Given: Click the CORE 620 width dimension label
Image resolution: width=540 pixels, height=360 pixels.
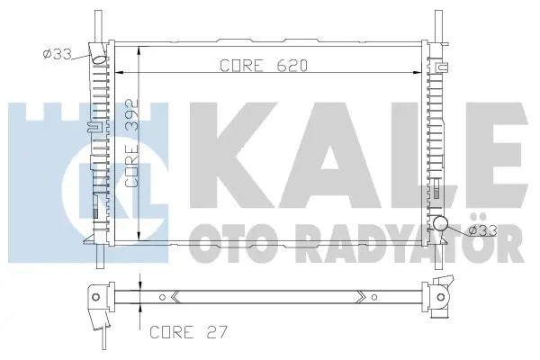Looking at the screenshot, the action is [264, 66].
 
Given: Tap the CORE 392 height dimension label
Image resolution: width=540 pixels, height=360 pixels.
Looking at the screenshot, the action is [132, 143].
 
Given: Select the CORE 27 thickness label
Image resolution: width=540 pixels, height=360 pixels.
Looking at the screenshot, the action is [188, 332].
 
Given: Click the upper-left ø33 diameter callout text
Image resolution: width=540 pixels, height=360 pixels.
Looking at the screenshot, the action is [58, 54].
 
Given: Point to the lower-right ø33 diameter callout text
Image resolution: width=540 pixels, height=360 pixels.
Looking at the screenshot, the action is [483, 230].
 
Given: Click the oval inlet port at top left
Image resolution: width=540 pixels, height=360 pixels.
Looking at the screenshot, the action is [100, 59].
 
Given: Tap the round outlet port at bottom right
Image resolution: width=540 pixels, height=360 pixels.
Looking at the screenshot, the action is [440, 223].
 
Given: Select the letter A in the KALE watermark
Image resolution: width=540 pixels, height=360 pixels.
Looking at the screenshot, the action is [330, 156].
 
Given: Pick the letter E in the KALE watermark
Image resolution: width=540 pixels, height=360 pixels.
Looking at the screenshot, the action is [492, 156].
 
